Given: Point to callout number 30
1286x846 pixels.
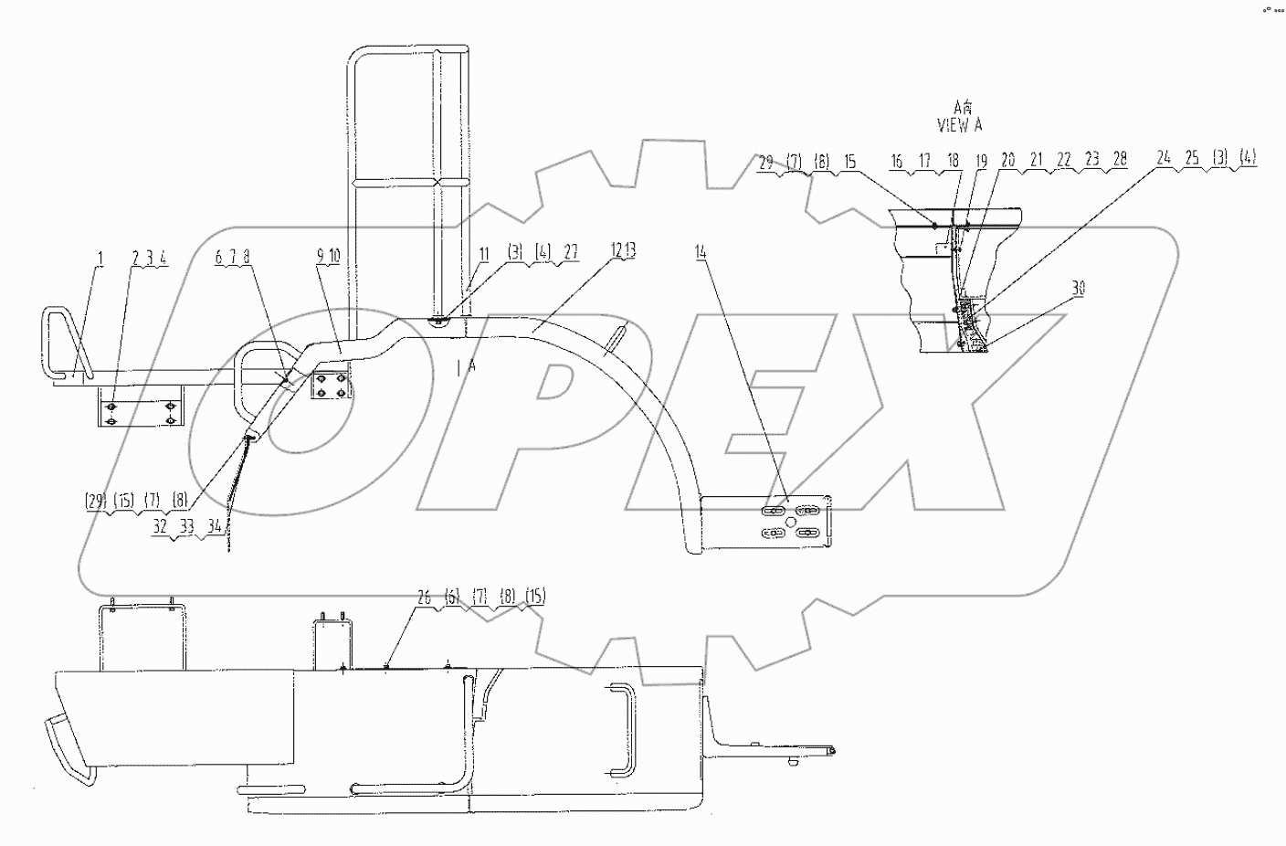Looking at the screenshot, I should point(1079,287).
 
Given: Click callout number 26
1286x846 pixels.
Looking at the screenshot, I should point(423,597).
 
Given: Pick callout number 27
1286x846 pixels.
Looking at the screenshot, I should point(572,254).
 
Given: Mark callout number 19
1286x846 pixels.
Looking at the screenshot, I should point(982,160).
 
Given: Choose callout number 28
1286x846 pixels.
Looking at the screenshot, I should point(1120,160).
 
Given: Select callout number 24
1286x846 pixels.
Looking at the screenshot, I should point(1164,158).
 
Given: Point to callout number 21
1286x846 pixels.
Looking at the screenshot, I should point(1037,160).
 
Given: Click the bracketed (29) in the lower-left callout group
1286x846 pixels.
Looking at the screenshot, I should point(96,502).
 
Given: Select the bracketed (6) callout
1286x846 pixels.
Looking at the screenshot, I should point(451,597).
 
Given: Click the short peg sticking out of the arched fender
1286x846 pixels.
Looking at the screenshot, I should point(618,334).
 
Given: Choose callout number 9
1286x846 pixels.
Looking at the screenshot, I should point(319,259).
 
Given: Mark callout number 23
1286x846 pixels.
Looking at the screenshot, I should point(1092,160).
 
